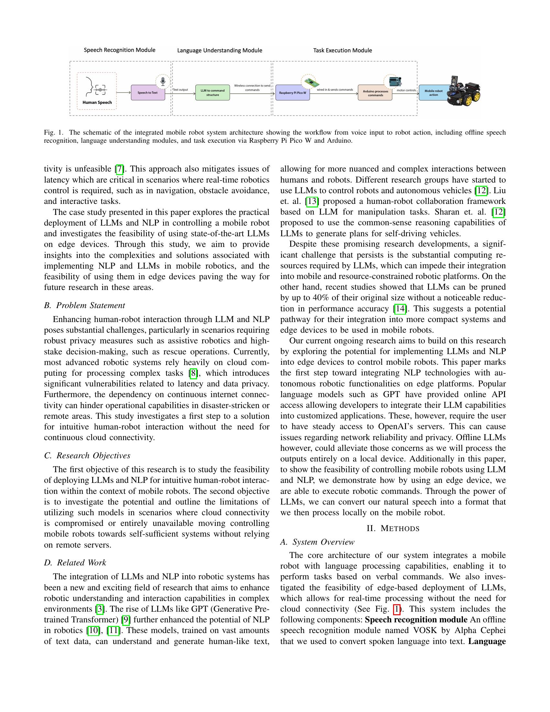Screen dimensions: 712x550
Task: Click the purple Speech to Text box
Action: (x=148, y=93)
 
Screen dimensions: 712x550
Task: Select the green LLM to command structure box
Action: (x=213, y=93)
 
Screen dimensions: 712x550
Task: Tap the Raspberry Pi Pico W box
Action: (x=292, y=93)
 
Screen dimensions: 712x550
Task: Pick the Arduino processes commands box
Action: (x=375, y=93)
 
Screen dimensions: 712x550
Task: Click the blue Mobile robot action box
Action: (x=433, y=93)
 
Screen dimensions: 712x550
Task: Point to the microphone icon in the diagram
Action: (x=163, y=81)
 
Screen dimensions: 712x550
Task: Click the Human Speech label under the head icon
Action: (x=97, y=102)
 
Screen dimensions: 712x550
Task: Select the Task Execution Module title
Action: (x=342, y=50)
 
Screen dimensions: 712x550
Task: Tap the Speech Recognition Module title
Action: (x=120, y=50)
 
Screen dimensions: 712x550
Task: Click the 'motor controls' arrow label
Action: (x=406, y=90)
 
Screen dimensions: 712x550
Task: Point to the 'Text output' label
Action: (x=181, y=90)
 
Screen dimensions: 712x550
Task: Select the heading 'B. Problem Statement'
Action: (x=84, y=306)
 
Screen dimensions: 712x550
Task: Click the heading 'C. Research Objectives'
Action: (x=87, y=455)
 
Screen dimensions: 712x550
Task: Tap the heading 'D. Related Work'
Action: (x=75, y=563)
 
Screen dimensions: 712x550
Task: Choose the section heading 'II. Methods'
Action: (x=393, y=528)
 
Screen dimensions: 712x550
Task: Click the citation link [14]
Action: (x=400, y=308)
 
